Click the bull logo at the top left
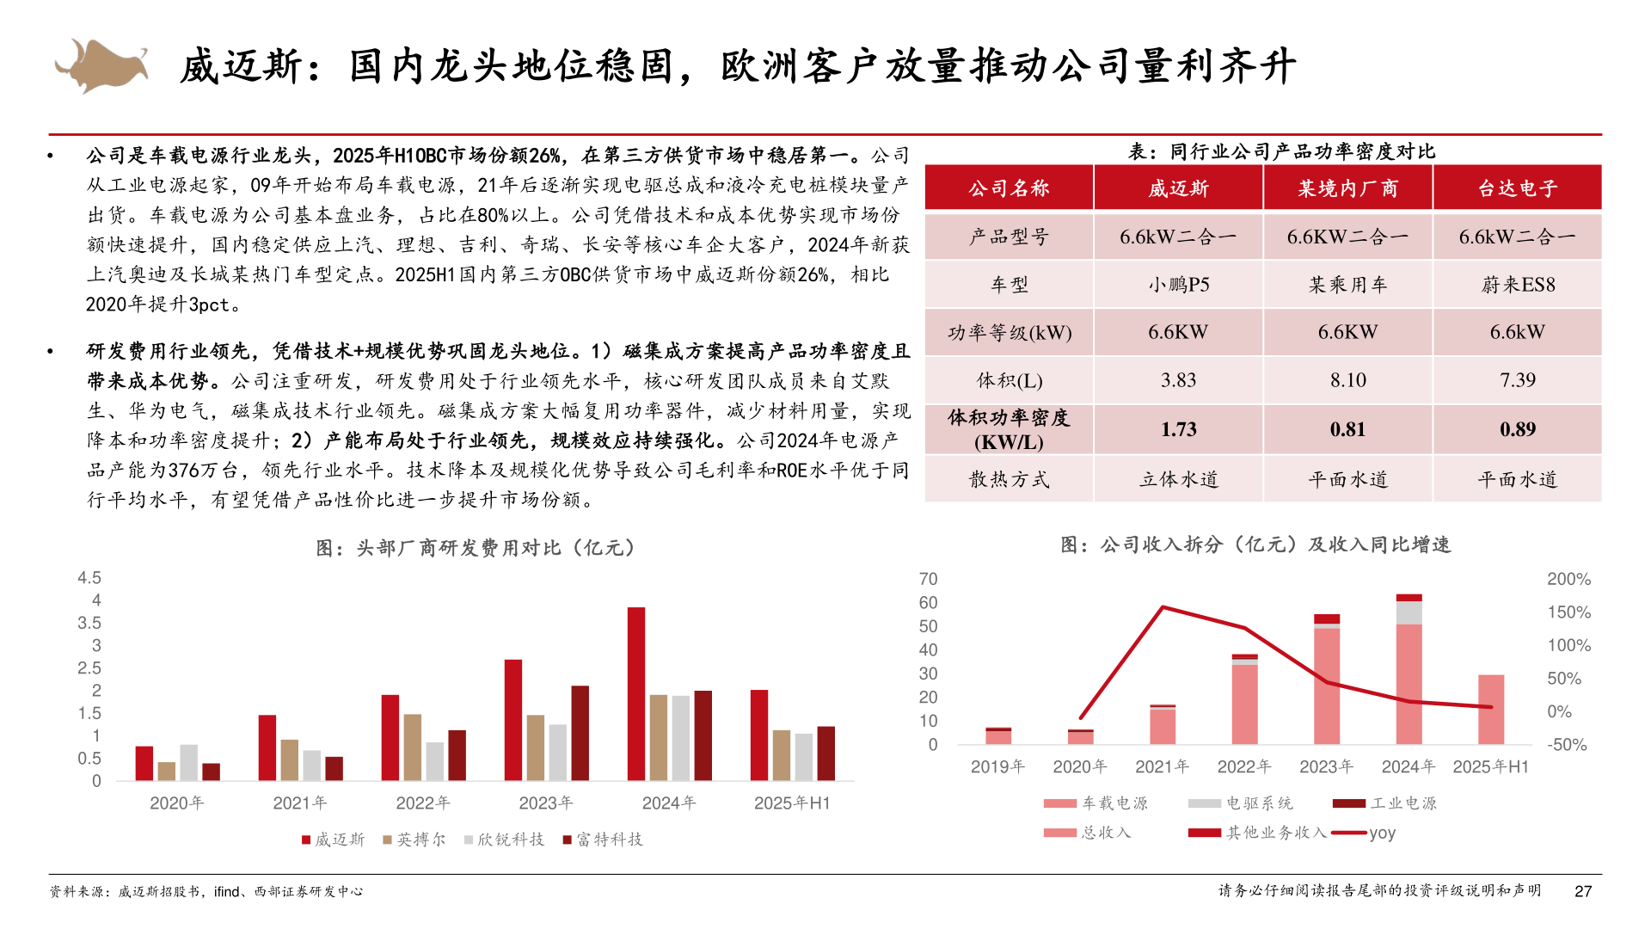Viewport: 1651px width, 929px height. [101, 65]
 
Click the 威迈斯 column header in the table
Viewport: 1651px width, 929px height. [1178, 188]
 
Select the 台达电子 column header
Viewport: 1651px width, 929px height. [1517, 188]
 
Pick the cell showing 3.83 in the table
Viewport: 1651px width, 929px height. [1178, 380]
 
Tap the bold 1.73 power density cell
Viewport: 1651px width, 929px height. [1178, 429]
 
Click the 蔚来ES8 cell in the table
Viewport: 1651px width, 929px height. [1517, 285]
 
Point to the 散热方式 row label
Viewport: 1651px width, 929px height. [1009, 479]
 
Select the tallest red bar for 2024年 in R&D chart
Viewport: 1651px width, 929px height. [636, 693]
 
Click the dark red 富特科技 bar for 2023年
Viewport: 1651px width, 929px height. [580, 733]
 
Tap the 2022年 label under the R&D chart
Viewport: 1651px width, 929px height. [422, 803]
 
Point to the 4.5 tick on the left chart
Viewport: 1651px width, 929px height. [89, 578]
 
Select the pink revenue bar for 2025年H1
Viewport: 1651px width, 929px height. [1490, 710]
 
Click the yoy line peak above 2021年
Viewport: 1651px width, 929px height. [1163, 607]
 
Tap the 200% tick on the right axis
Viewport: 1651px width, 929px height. [1568, 579]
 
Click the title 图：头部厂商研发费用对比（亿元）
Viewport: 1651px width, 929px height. [476, 548]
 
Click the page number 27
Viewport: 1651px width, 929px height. [1583, 891]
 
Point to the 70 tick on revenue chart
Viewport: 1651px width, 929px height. [928, 579]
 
